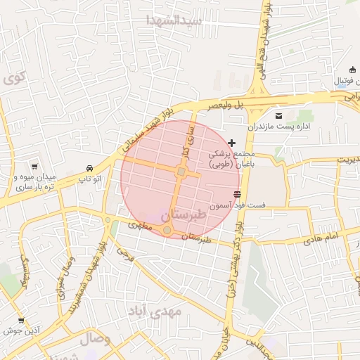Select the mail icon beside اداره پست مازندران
tap(279, 115)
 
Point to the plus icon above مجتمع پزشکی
tap(232, 143)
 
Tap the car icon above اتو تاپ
tap(89, 169)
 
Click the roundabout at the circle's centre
tap(181, 172)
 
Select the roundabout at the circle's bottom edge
tap(167, 230)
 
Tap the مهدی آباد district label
tap(155, 310)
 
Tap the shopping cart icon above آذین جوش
tap(20, 320)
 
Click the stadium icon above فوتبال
tap(352, 69)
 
